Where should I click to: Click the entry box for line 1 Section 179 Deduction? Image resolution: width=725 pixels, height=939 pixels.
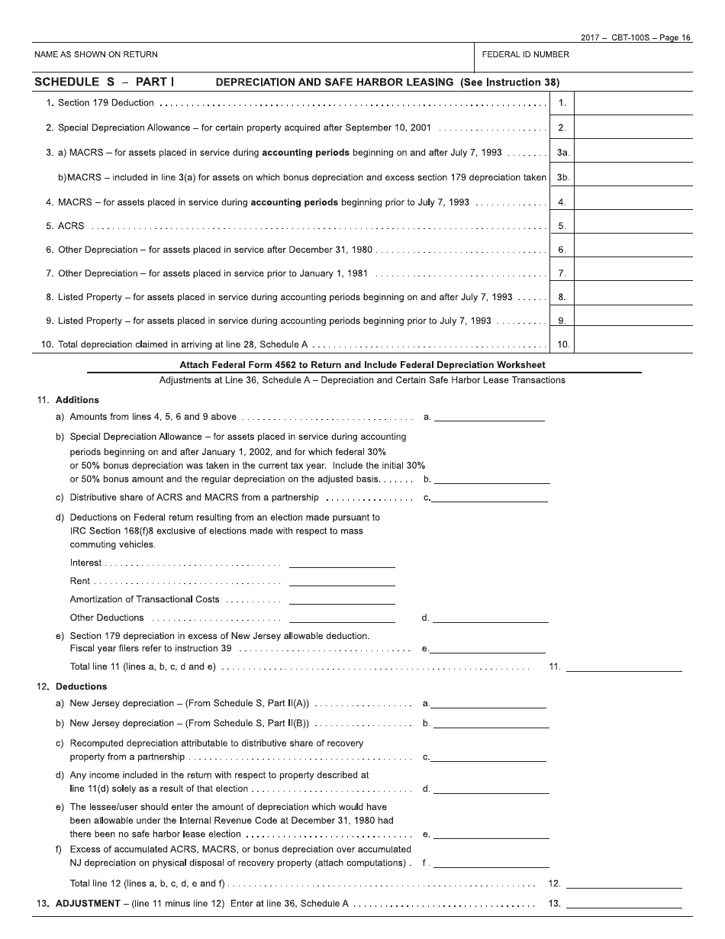click(x=633, y=103)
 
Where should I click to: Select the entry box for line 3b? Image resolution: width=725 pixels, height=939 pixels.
click(x=633, y=177)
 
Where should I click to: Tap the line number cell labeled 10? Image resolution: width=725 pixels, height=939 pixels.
click(x=562, y=344)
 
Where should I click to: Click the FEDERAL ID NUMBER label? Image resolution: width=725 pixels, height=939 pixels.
click(x=525, y=55)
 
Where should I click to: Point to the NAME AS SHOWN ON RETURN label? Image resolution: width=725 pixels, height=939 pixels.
click(x=96, y=55)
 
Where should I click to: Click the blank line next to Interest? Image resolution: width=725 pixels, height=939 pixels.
click(x=342, y=563)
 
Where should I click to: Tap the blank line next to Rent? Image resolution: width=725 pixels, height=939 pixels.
click(x=342, y=582)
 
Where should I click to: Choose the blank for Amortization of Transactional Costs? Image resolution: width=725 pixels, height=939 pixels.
click(x=342, y=600)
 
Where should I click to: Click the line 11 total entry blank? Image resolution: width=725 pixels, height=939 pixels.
click(x=623, y=667)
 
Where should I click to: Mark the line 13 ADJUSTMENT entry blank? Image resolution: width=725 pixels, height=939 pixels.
click(x=623, y=904)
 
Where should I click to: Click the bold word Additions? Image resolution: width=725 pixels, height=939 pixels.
click(x=77, y=400)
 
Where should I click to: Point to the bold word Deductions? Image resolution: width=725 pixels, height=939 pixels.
click(x=81, y=686)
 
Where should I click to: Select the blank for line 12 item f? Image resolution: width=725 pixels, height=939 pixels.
click(x=491, y=863)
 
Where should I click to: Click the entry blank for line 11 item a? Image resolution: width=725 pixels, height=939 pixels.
click(x=489, y=417)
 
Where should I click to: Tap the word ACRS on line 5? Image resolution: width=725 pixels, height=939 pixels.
click(x=71, y=226)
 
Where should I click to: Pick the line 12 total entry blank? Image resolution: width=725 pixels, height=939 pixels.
click(x=623, y=884)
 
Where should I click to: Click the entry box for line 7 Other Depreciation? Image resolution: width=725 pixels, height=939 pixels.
click(x=633, y=273)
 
